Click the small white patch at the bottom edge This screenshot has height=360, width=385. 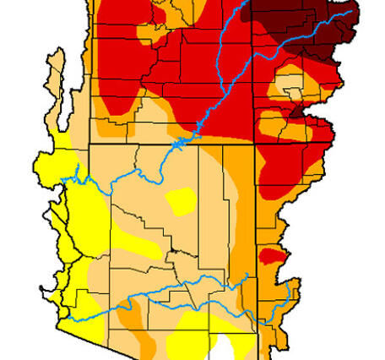point(221,349)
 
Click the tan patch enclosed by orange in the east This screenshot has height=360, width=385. point(289,88)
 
